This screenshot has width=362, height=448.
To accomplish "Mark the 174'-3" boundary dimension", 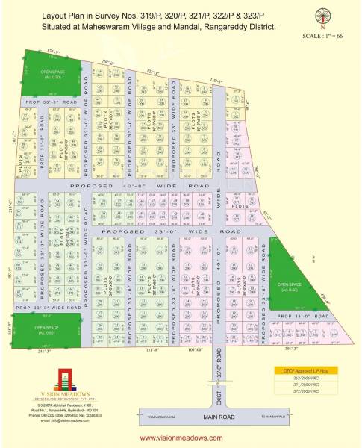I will (52, 50).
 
